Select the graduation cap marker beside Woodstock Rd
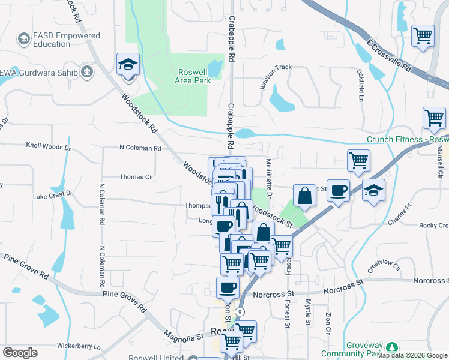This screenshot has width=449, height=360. [x=127, y=64]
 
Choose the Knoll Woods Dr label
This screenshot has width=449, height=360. [x=49, y=146]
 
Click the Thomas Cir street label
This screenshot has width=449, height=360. [x=137, y=177]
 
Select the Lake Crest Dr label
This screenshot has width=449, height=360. [x=52, y=195]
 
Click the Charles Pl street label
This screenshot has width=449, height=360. [x=400, y=215]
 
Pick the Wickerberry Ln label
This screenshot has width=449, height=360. [x=79, y=346]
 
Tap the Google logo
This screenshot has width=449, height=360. [x=20, y=352]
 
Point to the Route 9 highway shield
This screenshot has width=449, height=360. [x=240, y=312]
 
